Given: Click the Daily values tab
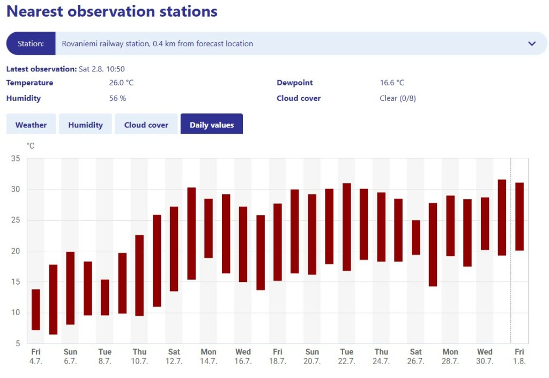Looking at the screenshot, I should tap(211, 125).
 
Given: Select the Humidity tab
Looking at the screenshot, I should tap(85, 125).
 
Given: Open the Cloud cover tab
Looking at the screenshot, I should tap(146, 125).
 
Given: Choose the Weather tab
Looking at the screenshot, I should tap(31, 125).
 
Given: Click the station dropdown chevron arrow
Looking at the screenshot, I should tap(532, 43).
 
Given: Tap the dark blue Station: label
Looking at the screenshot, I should tap(31, 43).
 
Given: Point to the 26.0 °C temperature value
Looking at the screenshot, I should tap(121, 83).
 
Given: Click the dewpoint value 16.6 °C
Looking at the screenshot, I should tap(392, 83).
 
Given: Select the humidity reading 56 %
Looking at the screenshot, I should tap(117, 98).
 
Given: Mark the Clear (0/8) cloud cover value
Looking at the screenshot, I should tap(398, 98).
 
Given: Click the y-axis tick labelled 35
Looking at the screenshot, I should tap(15, 158).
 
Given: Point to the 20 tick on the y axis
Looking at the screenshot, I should tap(15, 251).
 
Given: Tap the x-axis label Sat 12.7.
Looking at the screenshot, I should tap(174, 357).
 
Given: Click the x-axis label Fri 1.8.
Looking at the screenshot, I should tap(520, 357).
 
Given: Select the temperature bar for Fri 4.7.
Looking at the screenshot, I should tap(36, 310).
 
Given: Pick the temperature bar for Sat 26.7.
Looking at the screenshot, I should tap(416, 237).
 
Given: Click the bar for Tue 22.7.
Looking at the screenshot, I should tap(347, 227).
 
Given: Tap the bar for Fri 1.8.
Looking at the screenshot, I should tap(520, 216).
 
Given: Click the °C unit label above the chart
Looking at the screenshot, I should tap(31, 146).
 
